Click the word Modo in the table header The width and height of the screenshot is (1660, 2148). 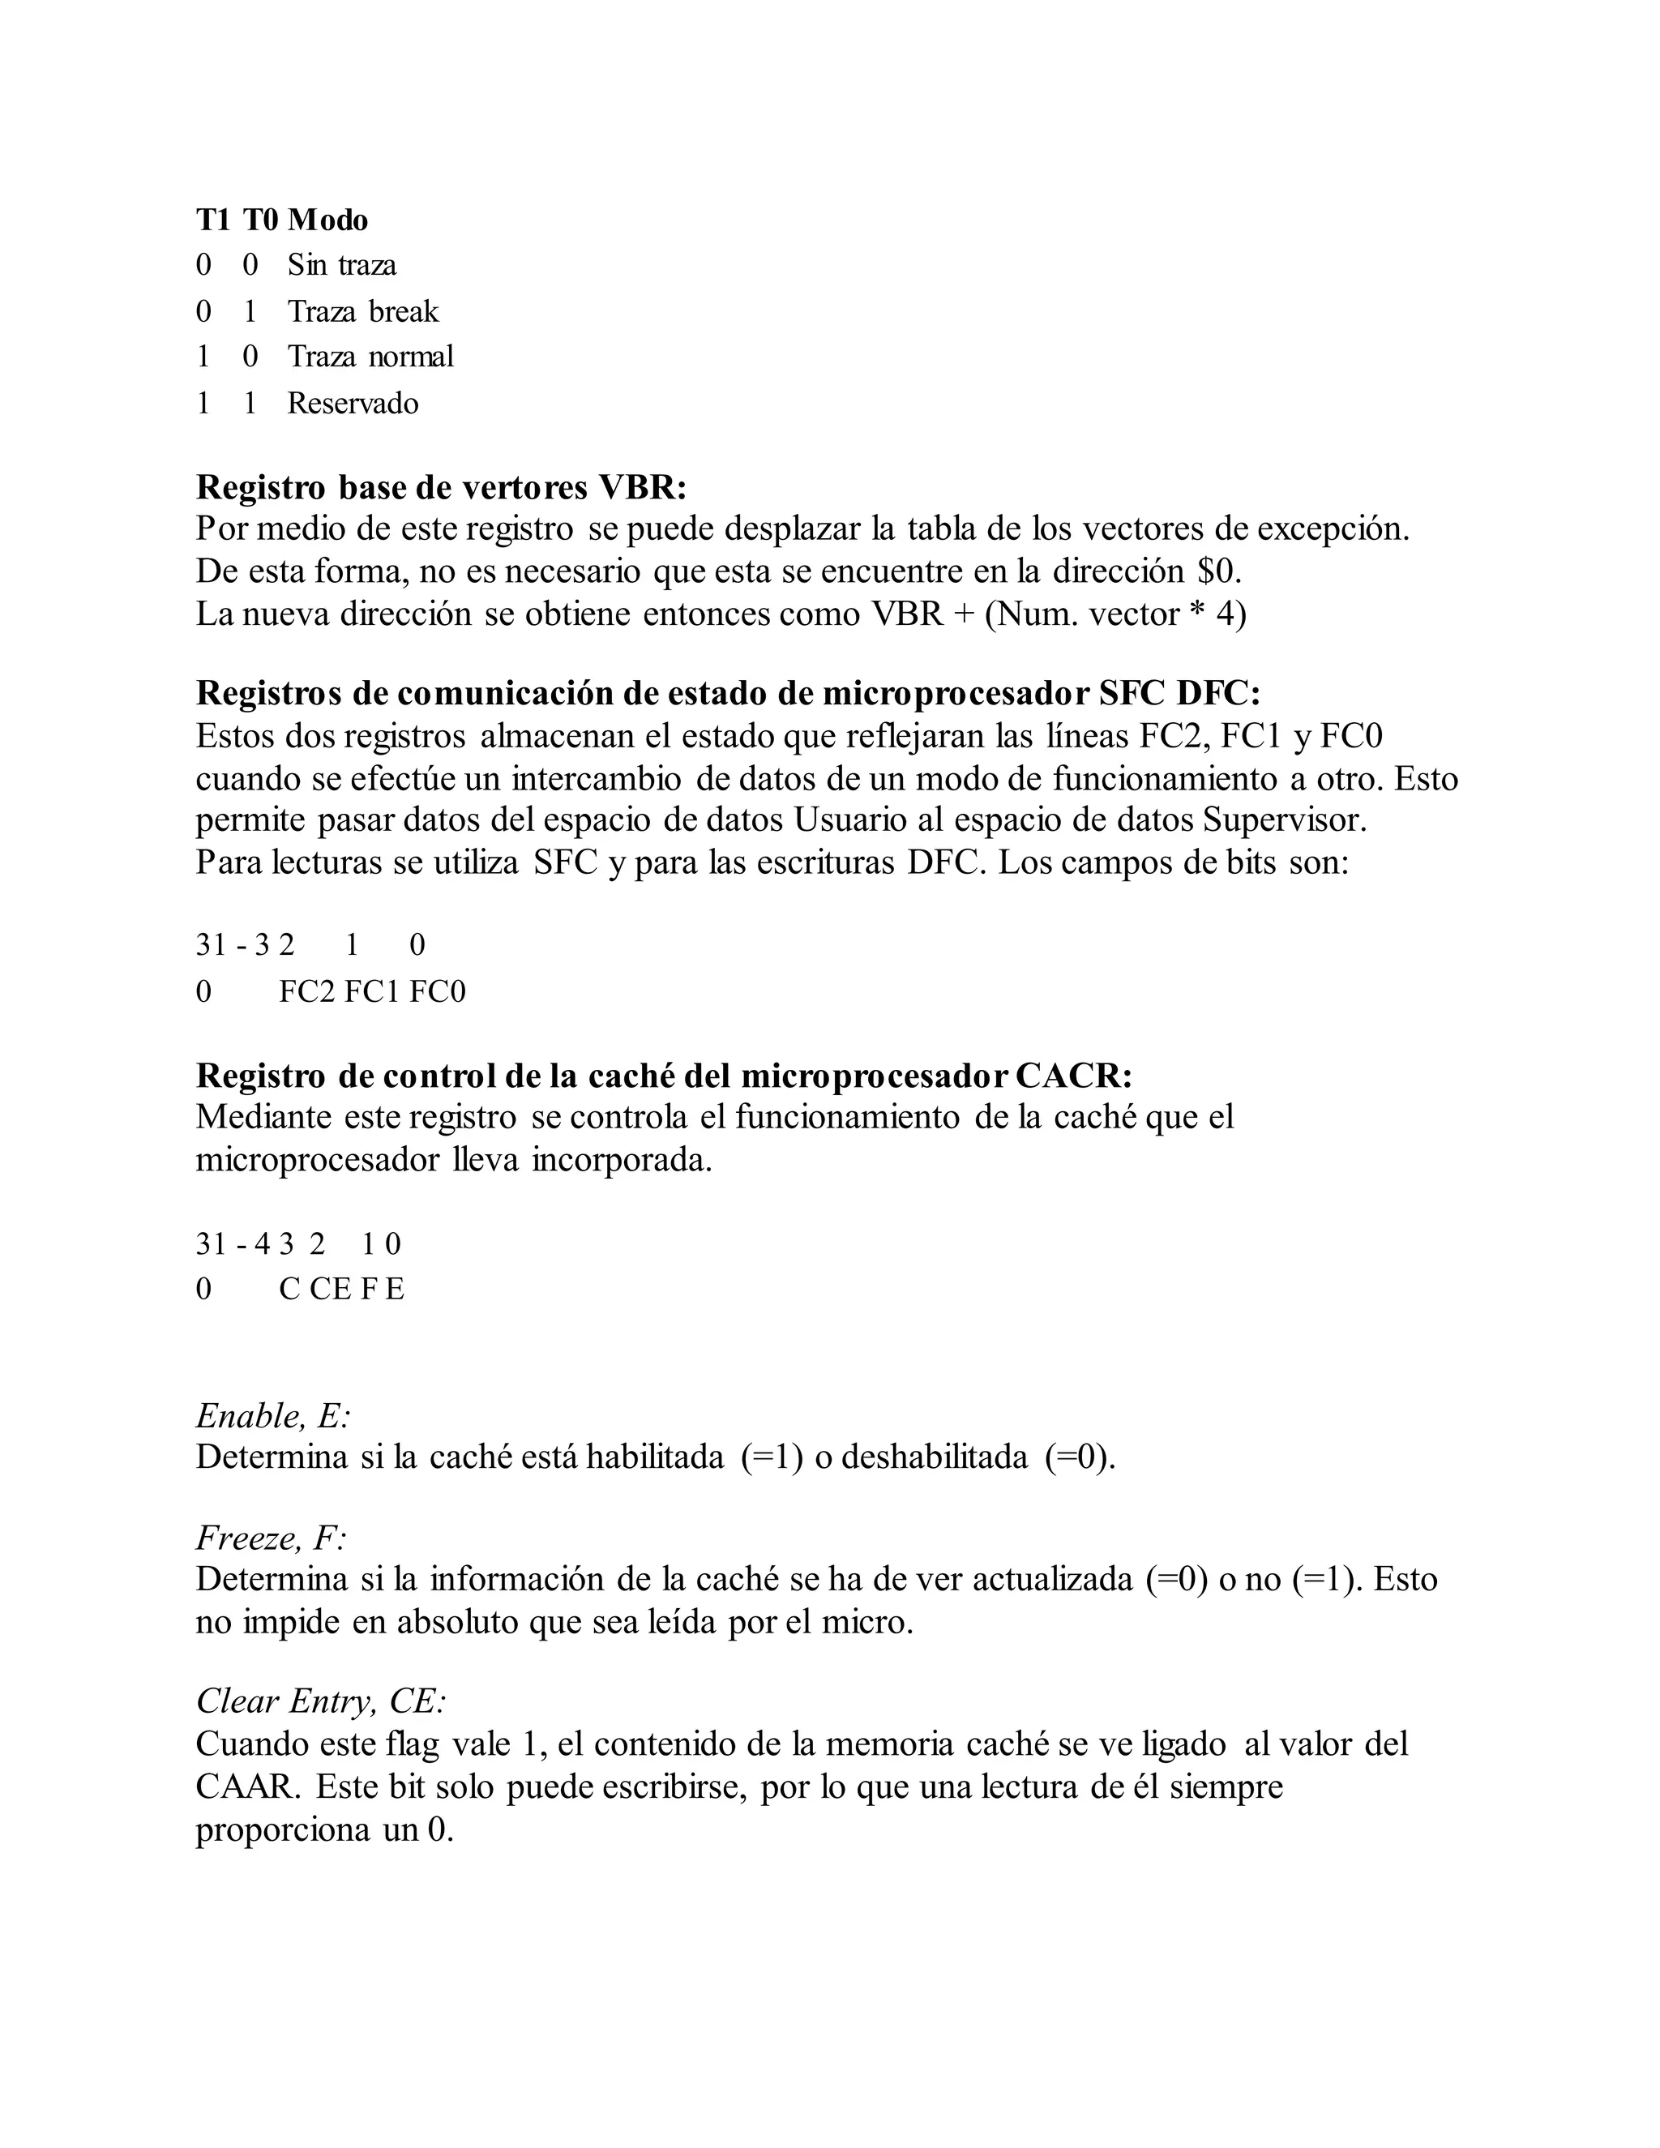tap(327, 220)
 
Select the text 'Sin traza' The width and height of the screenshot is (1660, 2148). tap(341, 264)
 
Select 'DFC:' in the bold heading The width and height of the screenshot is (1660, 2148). tap(1217, 693)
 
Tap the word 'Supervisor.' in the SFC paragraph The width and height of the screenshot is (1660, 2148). tap(1285, 819)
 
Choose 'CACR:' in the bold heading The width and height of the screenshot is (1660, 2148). tap(1073, 1076)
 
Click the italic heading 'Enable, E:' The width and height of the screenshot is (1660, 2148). tap(273, 1416)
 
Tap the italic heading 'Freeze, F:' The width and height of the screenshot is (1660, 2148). tap(272, 1537)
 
